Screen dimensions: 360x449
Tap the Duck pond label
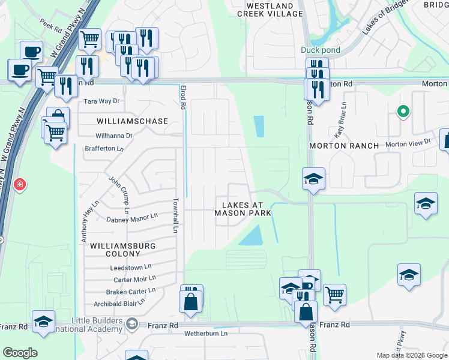coord(321,50)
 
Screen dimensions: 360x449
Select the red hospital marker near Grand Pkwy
coord(20,184)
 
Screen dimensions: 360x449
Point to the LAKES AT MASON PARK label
coord(243,209)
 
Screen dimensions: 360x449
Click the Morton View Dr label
coord(408,142)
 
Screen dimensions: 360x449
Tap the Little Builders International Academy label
coord(87,325)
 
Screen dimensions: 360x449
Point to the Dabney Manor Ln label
coord(132,220)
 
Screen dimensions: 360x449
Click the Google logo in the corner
coord(20,353)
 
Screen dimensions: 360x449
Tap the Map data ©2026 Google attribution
coord(412,355)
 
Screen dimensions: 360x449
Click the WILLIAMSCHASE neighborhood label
coord(132,121)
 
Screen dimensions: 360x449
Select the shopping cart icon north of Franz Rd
coord(334,293)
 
